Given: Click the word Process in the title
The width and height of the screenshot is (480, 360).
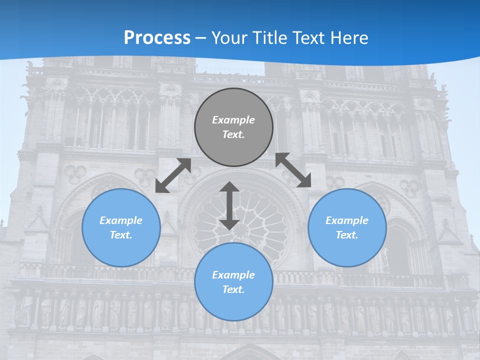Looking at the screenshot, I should [x=157, y=38].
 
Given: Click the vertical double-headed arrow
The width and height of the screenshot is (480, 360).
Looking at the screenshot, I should [x=229, y=205].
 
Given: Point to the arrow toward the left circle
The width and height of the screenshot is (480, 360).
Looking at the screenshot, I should [x=173, y=175].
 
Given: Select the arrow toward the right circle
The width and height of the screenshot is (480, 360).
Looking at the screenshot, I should [x=293, y=170].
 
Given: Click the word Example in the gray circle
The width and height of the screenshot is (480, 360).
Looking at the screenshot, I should [x=233, y=120].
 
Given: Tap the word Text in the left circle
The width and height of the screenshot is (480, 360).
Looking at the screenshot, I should [x=121, y=235].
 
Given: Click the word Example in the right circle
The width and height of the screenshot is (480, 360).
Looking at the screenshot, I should [x=347, y=220].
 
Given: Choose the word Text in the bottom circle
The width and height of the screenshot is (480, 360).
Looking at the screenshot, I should [x=233, y=289].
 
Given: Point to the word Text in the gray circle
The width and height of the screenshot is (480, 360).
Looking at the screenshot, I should [x=233, y=134].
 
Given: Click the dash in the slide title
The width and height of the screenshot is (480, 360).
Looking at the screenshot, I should [x=201, y=38].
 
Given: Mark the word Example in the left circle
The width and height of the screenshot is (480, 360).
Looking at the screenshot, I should [x=121, y=220].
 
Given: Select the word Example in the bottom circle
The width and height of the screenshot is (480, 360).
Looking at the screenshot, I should [x=233, y=275].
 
